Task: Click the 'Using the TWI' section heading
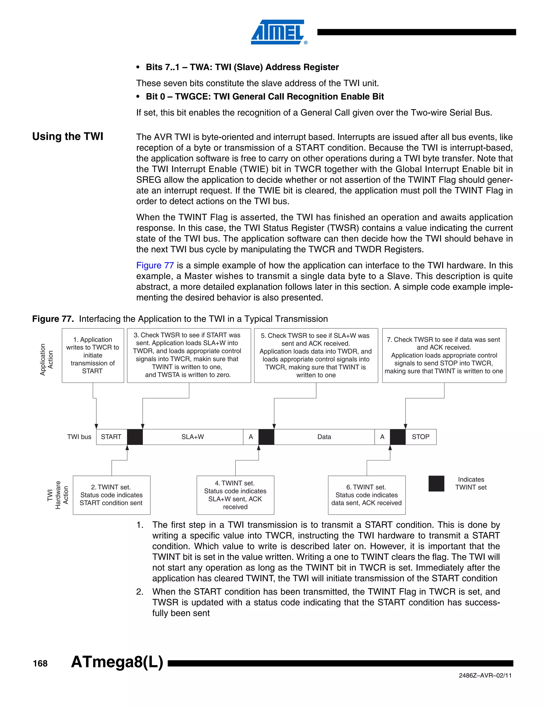point(68,136)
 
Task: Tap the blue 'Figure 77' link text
point(155,265)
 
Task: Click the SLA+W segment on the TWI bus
point(193,437)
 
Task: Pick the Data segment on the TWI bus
point(324,437)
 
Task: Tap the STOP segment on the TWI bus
point(420,437)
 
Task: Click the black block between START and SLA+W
point(135,437)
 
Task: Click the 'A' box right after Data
point(382,437)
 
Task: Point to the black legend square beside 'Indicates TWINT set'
point(436,483)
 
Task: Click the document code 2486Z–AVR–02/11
point(485,676)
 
